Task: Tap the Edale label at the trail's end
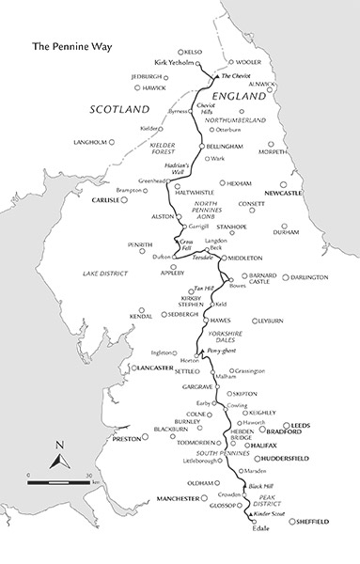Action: click(258, 528)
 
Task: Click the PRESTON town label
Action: click(126, 438)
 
